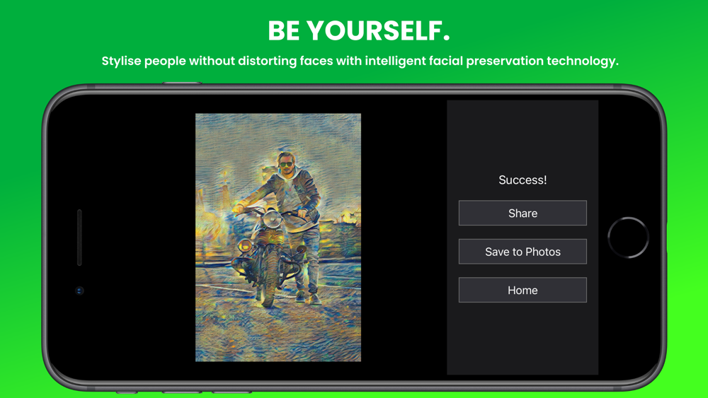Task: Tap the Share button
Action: point(523,213)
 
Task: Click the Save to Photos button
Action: point(523,252)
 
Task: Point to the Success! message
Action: point(523,180)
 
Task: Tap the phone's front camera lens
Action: point(79,291)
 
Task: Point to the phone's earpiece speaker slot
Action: point(79,237)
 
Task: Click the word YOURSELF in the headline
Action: point(378,31)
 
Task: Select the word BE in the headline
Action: point(284,31)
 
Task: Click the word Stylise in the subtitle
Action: point(121,61)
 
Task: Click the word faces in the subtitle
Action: point(316,61)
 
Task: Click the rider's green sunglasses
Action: point(285,165)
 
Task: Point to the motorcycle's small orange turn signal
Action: point(245,246)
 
